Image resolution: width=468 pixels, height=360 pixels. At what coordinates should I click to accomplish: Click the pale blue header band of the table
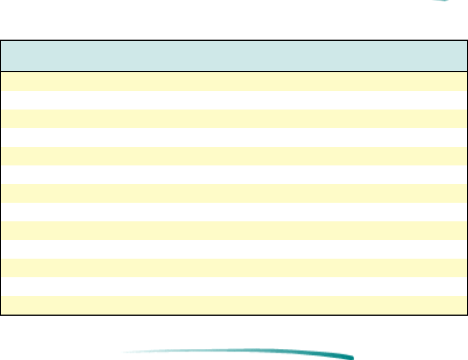tap(233, 56)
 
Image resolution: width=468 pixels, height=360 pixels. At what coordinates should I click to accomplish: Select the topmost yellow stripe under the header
tap(233, 81)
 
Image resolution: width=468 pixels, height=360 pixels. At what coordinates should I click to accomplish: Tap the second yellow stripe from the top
tap(233, 119)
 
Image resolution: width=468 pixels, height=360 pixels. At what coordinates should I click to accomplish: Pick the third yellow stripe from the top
tap(233, 156)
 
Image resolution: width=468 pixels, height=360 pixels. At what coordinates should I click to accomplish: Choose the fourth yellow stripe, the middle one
tap(233, 193)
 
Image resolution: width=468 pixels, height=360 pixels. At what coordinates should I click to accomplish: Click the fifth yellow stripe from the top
tap(233, 231)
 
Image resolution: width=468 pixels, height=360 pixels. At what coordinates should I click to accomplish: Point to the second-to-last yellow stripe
tap(233, 268)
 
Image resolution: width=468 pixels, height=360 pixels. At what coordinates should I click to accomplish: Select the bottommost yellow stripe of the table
tap(233, 305)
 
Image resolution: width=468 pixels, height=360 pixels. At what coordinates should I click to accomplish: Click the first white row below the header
tap(233, 100)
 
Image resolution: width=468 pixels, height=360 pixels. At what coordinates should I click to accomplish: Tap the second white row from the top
tap(233, 137)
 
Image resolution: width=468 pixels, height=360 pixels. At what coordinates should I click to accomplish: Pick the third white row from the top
tap(233, 175)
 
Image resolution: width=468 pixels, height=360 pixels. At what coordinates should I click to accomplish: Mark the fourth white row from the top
tap(233, 212)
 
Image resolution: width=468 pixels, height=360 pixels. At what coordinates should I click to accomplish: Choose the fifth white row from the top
tap(233, 249)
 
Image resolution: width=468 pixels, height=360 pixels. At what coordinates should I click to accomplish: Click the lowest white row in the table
tap(233, 287)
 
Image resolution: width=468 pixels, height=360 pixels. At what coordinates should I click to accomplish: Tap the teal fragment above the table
tap(442, 1)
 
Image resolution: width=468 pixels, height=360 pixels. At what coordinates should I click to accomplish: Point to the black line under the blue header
tap(233, 72)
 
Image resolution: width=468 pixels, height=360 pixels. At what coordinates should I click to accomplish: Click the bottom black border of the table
tap(233, 315)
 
